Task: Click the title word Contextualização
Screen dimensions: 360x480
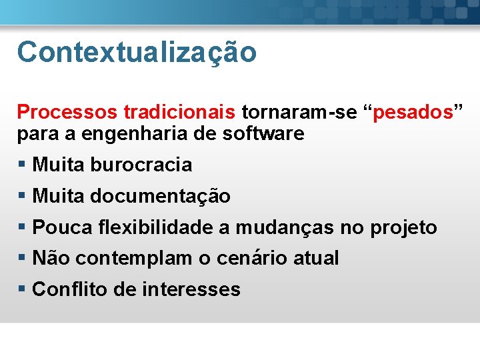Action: (137, 52)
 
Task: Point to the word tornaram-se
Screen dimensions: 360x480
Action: (299, 113)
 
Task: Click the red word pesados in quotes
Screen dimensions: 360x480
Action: (413, 113)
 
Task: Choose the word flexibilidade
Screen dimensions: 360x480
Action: (156, 228)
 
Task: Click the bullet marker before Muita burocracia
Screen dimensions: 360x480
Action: (22, 165)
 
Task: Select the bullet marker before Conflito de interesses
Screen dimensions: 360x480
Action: (22, 289)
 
